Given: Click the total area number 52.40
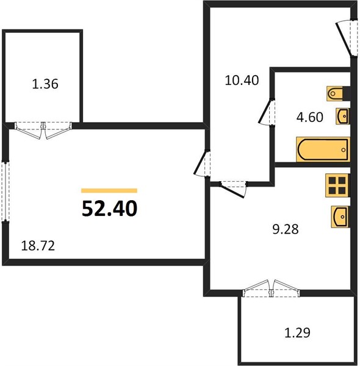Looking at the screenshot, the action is click(x=109, y=209).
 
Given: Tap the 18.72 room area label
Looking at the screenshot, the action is click(x=38, y=246).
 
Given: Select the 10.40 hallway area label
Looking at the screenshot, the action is click(x=242, y=81).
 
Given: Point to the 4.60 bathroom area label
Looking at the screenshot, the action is click(x=310, y=117).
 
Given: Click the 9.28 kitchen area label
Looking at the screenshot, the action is click(x=286, y=229).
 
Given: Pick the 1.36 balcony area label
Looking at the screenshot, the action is click(x=45, y=84).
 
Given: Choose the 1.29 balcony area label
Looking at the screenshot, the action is click(x=297, y=332).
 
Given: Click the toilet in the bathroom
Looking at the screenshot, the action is click(x=338, y=93).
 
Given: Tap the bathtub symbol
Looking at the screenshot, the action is click(x=323, y=149).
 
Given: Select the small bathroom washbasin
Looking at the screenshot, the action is click(x=343, y=116).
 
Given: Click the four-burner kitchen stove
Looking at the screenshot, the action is click(x=337, y=185).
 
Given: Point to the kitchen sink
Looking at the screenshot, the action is click(x=340, y=217).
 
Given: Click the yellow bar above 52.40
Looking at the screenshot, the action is click(x=109, y=191).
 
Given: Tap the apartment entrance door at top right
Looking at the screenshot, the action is click(x=347, y=38).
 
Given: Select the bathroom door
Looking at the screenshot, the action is click(x=267, y=112).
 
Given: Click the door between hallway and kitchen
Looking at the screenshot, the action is click(x=233, y=189).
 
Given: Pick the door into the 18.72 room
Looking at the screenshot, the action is click(x=202, y=163).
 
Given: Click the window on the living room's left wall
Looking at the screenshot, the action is click(x=5, y=191).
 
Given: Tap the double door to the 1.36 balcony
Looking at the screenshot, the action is click(x=43, y=130).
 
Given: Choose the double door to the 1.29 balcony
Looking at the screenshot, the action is click(x=271, y=289).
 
